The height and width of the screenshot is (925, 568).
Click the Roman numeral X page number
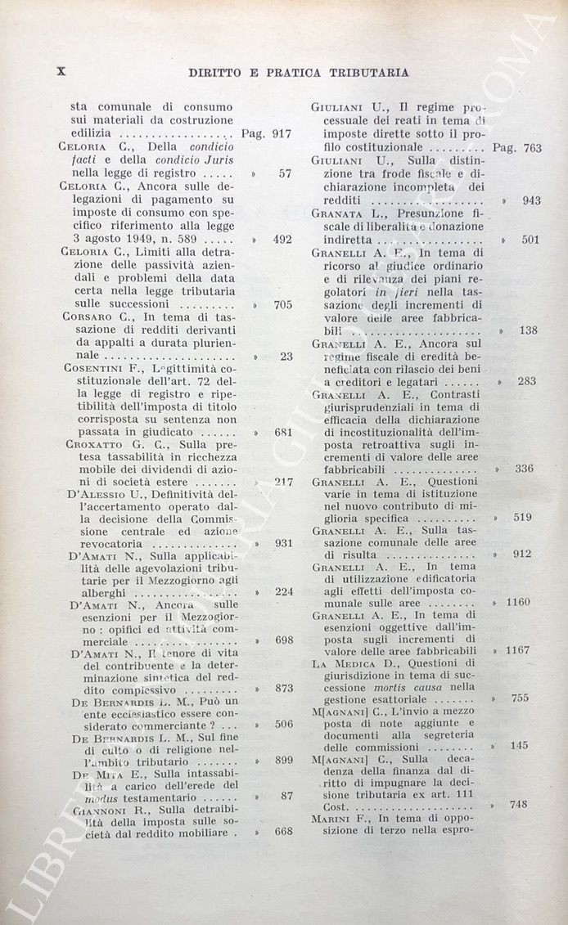(x=60, y=71)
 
